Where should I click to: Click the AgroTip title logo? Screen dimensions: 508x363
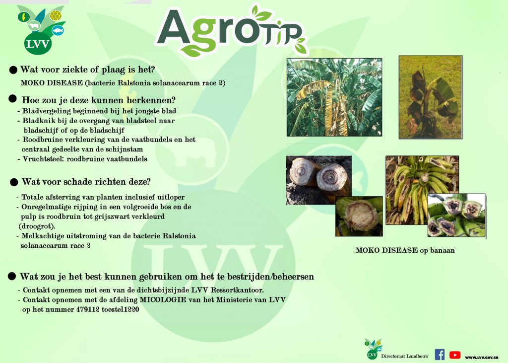coord(232,31)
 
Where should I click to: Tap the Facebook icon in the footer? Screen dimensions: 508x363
coord(440,355)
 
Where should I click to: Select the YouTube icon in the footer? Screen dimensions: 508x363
coord(455,355)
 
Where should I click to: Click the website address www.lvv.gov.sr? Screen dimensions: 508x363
coord(481,357)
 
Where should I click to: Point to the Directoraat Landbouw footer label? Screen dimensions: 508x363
coord(405,356)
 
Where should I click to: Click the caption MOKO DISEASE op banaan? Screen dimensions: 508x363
coord(405,250)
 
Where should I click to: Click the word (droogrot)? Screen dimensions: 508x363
coord(37,226)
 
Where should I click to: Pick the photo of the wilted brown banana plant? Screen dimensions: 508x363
coord(431,97)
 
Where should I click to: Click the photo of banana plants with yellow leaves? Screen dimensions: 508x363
coord(334,97)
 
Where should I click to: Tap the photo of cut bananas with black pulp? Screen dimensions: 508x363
coord(457,216)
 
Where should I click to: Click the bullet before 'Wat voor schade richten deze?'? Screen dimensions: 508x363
coord(14,182)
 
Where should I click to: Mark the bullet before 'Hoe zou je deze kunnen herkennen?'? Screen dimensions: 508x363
coord(12,99)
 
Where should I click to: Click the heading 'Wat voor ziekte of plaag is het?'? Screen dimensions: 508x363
coord(87,70)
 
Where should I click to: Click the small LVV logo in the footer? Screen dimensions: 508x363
coord(373,349)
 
